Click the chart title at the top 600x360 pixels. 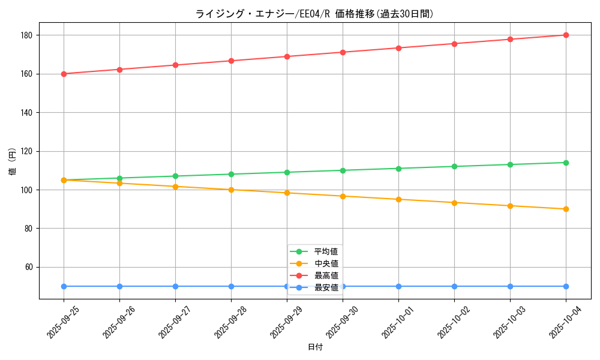pos(314,14)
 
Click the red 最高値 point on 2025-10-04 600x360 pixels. pos(566,35)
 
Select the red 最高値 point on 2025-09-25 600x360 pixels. pos(64,74)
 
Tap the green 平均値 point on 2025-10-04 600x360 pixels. pos(566,163)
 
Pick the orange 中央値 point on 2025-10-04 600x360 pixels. pos(566,209)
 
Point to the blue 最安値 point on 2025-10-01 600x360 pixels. pos(398,286)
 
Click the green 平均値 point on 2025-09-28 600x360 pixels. pos(231,174)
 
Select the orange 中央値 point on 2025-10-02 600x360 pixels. pos(454,203)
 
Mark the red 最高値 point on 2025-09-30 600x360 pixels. pos(343,52)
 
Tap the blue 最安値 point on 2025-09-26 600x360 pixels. pos(119,286)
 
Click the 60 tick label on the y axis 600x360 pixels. pos(29,267)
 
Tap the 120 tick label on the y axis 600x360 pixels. pos(27,151)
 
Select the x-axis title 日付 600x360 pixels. pos(314,347)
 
